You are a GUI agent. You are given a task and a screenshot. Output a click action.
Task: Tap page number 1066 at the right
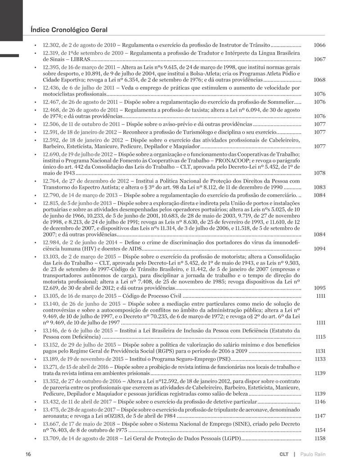coord(319,45)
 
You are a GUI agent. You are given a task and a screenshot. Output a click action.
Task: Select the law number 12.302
coord(50,45)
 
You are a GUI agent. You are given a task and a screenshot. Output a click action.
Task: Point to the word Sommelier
coord(279,102)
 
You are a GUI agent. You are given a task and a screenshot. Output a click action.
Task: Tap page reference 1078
coord(319,173)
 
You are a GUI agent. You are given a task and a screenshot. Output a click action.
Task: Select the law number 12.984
coord(50,242)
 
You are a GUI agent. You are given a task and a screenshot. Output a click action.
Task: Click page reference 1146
coord(319,401)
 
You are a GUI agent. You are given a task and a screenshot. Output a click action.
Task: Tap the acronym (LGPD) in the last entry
coord(228,438)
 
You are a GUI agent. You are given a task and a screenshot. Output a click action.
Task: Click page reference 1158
coord(319,438)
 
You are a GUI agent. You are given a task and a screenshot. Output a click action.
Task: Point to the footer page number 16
coord(28,454)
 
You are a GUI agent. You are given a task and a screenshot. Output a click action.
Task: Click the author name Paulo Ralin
coord(313,454)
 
